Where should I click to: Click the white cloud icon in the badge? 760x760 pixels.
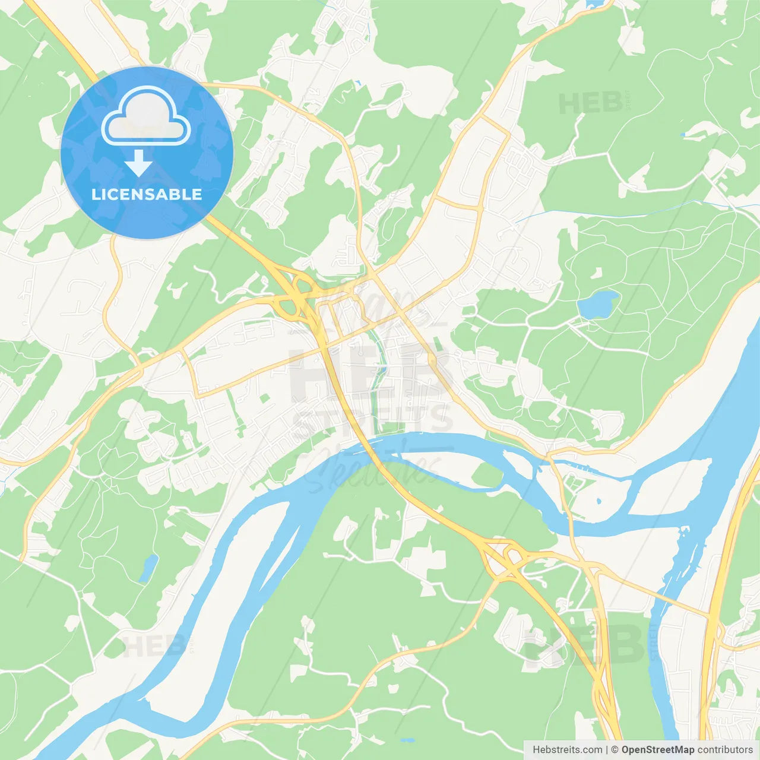146,117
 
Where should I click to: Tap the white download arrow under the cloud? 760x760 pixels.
138,163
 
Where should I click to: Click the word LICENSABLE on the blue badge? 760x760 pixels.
147,194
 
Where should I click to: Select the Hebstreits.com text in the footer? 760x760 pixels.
568,750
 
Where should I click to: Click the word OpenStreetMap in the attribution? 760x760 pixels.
657,750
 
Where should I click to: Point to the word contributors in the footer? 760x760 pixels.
725,750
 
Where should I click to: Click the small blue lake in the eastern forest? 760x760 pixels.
597,304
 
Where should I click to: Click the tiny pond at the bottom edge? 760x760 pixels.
407,740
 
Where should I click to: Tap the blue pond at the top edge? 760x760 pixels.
594,4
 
